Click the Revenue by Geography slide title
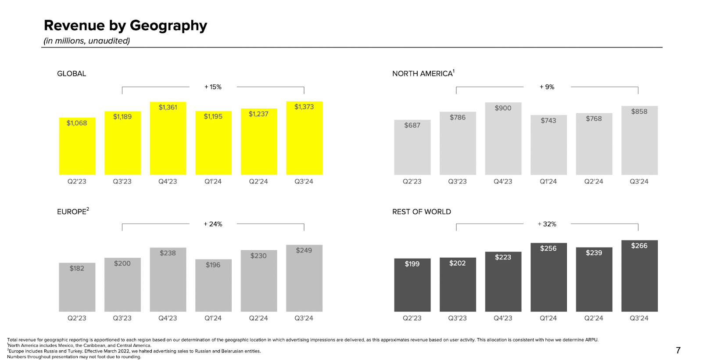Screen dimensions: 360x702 point(125,25)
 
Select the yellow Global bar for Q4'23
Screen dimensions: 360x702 point(168,140)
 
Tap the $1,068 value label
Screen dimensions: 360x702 point(77,123)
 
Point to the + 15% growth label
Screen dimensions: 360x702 point(213,87)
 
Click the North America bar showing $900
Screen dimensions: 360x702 point(503,140)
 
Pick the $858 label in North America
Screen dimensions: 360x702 point(639,112)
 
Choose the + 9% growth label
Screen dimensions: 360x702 point(547,87)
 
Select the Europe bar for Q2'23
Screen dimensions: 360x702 point(77,288)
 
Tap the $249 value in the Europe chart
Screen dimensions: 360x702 point(304,250)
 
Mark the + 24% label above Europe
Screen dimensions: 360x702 point(213,224)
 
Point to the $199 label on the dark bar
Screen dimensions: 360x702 point(412,264)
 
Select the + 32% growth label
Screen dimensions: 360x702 point(547,224)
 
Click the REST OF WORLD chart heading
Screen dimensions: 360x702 point(421,212)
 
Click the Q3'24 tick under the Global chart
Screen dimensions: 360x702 point(304,181)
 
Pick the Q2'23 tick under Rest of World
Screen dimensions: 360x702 point(412,318)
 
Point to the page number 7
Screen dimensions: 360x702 point(678,350)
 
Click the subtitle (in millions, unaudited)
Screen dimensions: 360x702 point(87,41)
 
